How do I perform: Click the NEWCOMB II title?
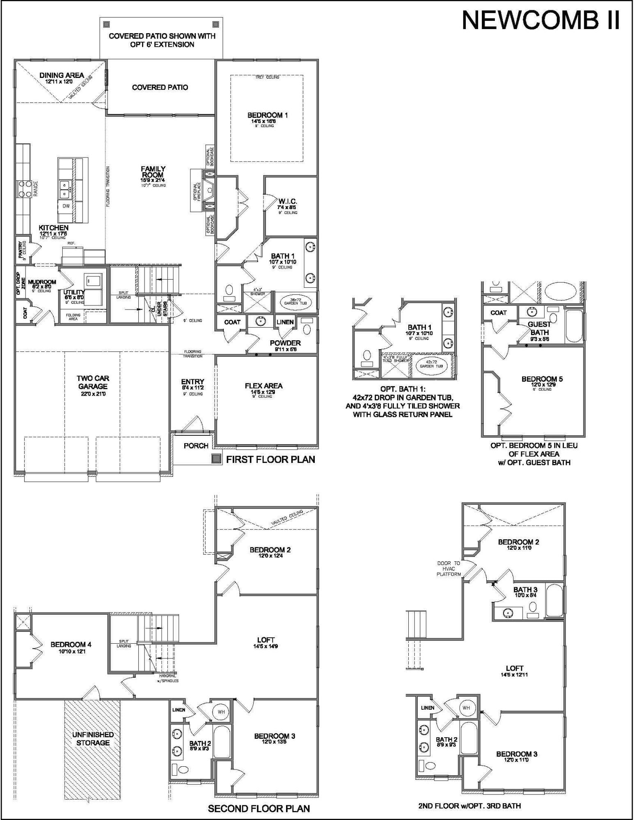540,20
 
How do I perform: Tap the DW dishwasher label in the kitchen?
66,206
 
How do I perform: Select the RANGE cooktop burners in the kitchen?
23,189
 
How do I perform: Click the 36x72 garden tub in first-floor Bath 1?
295,303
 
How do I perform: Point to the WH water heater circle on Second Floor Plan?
221,712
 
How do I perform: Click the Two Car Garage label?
93,382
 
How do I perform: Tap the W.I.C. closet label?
287,202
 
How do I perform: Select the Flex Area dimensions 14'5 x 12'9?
264,392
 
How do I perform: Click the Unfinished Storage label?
93,739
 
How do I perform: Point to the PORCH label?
196,446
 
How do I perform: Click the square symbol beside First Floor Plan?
216,459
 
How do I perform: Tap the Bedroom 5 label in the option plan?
542,379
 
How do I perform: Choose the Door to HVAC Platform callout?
449,569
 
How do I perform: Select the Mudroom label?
42,282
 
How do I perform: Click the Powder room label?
285,343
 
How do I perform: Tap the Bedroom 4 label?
71,645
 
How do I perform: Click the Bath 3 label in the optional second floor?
525,590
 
